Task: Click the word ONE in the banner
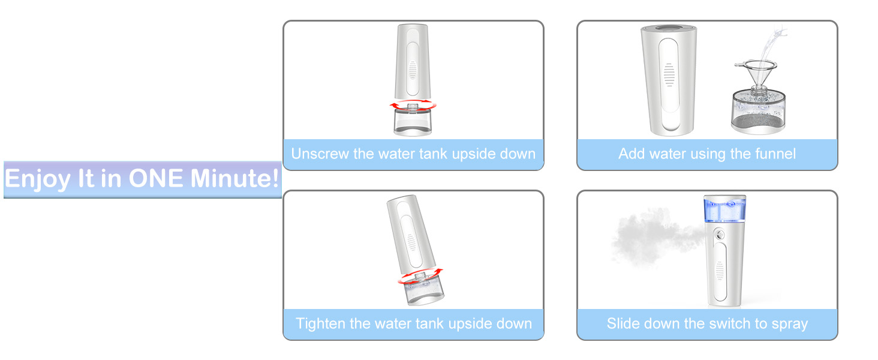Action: [x=155, y=178]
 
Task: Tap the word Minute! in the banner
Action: [x=234, y=178]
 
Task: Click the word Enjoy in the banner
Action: [x=38, y=180]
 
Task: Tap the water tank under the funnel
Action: [x=758, y=112]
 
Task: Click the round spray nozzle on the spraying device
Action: [x=720, y=235]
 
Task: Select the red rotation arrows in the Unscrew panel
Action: [x=413, y=106]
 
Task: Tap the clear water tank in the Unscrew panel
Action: [x=413, y=122]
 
